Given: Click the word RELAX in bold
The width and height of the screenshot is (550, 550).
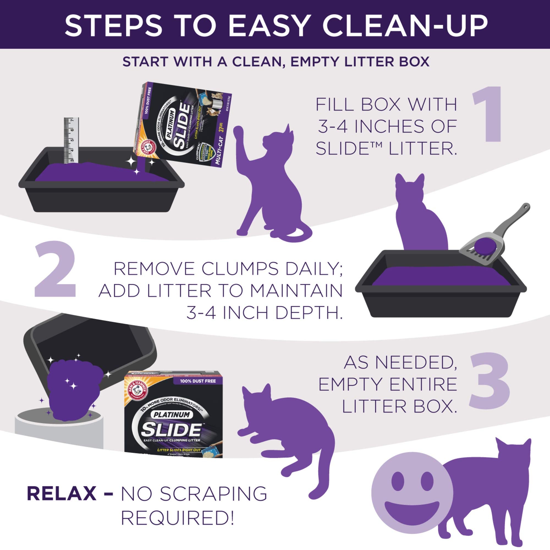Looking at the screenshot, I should [62, 494].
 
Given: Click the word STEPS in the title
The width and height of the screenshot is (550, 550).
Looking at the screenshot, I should [116, 26].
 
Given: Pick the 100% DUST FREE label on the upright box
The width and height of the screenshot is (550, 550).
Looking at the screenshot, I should [198, 381].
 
